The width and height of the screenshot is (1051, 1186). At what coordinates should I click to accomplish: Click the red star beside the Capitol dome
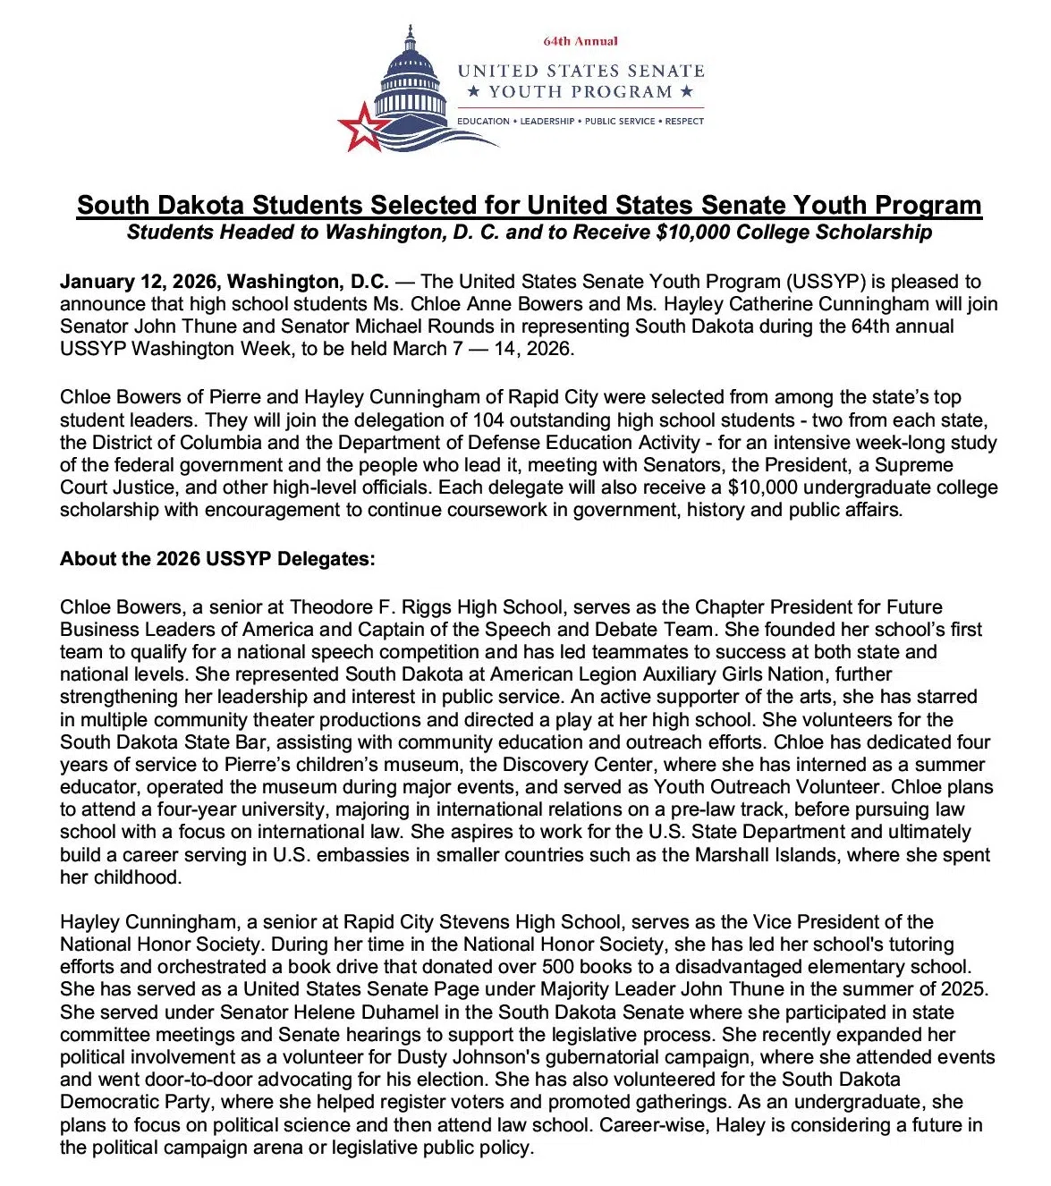pyautogui.click(x=361, y=127)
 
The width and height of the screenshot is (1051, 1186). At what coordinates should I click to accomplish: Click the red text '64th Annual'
pyautogui.click(x=581, y=41)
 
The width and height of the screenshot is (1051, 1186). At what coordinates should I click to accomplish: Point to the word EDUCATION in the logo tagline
pyautogui.click(x=483, y=121)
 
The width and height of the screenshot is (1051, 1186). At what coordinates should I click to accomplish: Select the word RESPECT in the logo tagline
pyautogui.click(x=684, y=121)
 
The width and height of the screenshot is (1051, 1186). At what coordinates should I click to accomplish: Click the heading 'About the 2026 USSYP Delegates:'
pyautogui.click(x=217, y=559)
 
